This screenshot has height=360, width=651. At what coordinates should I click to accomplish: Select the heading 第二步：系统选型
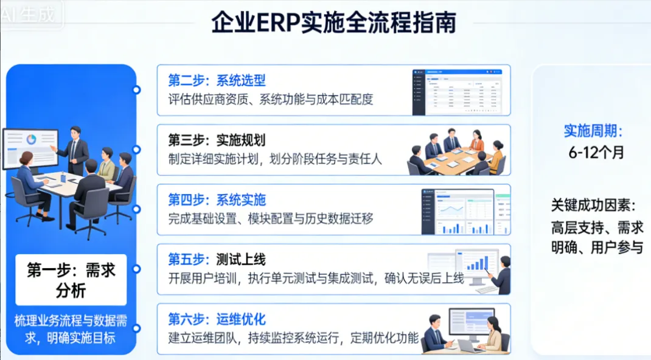217,81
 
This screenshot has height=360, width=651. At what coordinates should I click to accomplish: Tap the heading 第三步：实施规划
217,140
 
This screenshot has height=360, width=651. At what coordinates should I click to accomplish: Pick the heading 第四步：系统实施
217,200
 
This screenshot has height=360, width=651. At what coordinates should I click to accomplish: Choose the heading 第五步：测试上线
217,260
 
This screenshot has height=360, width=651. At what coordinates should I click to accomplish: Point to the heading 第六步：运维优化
217,319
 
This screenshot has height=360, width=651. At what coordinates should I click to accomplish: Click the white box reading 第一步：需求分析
71,280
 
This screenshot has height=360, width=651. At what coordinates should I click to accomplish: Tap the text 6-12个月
596,152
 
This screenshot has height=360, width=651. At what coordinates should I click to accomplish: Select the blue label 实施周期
593,131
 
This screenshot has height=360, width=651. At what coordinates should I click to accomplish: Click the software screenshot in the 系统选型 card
458,91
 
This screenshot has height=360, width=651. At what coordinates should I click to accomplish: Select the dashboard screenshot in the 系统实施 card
465,211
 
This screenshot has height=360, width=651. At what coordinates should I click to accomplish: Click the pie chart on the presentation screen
31,140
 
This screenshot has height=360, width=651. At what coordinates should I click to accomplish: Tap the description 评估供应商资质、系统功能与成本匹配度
270,99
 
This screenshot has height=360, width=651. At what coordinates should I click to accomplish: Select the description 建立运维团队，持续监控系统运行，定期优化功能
293,337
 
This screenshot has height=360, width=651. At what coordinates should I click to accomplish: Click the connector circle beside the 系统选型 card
137,90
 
